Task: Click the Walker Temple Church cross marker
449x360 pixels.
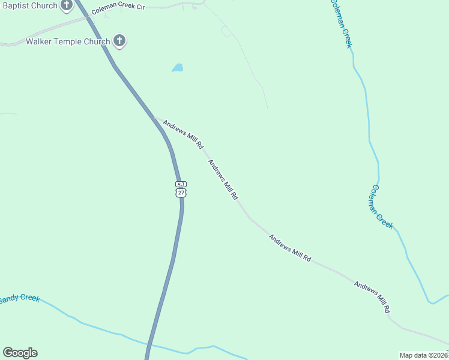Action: (119, 41)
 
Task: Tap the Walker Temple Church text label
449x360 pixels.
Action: (68, 42)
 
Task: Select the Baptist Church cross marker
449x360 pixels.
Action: (67, 5)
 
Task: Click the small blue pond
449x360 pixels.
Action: (177, 68)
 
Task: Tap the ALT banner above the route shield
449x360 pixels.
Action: (181, 184)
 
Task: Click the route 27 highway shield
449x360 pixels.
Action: (181, 192)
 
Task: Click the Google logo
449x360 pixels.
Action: (20, 353)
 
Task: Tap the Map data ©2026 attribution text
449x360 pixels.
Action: (423, 355)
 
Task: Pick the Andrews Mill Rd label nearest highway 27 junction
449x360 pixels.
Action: (183, 134)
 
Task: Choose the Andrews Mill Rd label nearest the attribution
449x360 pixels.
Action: (372, 296)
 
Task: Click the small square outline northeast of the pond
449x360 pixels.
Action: (226, 31)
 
